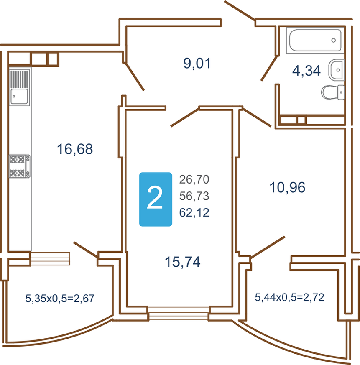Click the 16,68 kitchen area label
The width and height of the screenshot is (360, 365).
tap(75, 149)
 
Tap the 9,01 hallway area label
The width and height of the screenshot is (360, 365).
tap(197, 63)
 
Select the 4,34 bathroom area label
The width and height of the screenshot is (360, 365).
tap(306, 71)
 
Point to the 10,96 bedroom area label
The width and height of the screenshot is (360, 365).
tap(287, 187)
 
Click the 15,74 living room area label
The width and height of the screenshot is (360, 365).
tap(183, 262)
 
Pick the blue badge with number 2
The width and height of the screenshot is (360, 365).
tap(156, 199)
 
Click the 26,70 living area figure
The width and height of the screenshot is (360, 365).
tap(194, 179)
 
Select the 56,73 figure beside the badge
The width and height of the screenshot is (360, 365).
tap(194, 196)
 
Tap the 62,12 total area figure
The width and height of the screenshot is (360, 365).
tap(194, 212)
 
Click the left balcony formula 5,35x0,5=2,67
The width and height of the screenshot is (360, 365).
tap(60, 299)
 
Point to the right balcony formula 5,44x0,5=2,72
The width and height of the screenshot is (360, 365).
tap(289, 297)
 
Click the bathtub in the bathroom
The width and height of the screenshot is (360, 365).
tap(315, 40)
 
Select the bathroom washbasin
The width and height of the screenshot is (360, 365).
tap(337, 70)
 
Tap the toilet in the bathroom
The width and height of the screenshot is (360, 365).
tap(333, 92)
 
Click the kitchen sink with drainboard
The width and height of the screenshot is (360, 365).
tap(20, 87)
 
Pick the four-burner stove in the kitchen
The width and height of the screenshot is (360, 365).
tap(20, 166)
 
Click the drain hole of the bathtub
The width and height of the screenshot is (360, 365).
tap(334, 40)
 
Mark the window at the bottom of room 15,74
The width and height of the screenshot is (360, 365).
tap(179, 313)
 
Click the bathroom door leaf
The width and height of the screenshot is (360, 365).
tap(269, 69)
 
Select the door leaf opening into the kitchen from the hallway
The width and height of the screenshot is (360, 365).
tap(135, 77)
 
